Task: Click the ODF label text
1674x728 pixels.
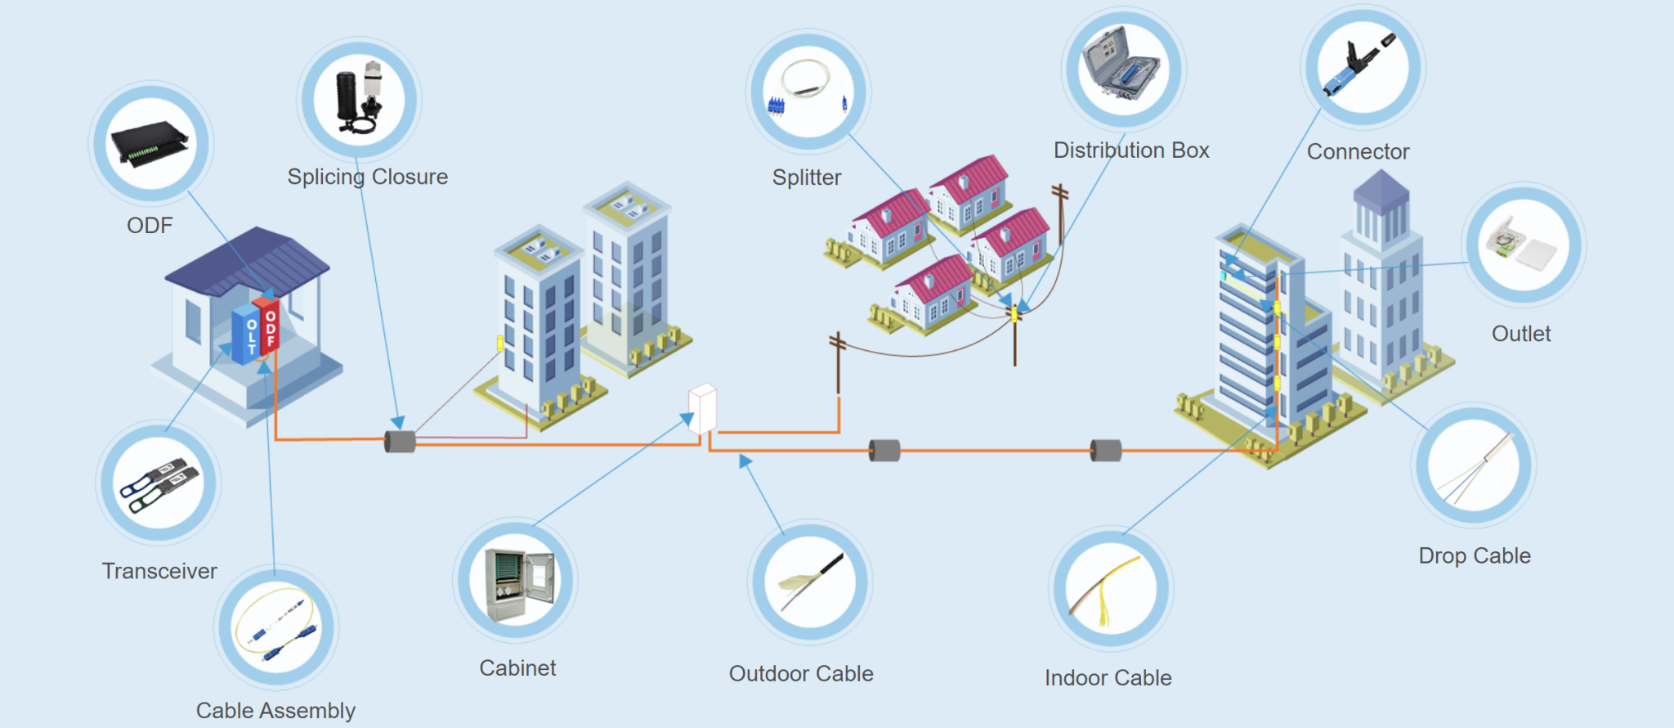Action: [x=150, y=225]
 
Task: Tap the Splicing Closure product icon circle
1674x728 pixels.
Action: [x=359, y=98]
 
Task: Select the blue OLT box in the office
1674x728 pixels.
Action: [x=244, y=335]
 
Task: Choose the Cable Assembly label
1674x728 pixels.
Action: [x=275, y=710]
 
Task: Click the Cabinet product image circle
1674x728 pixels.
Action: [x=516, y=580]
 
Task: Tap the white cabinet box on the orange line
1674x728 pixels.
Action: [x=703, y=408]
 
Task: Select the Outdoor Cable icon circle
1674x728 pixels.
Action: [x=809, y=582]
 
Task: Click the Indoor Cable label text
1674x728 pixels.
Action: [x=1108, y=677]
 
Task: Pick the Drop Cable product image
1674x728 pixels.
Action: [x=1475, y=465]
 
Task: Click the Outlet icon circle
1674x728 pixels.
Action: [x=1523, y=245]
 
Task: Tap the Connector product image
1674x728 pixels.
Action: [x=1363, y=65]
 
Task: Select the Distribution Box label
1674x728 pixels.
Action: [x=1131, y=151]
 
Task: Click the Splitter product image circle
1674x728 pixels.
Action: [x=808, y=92]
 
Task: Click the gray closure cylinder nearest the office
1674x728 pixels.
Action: [x=400, y=442]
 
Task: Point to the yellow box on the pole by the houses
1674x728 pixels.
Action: [x=1014, y=313]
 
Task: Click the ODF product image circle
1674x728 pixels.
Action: [x=151, y=143]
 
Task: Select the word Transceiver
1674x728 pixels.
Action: [x=159, y=571]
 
